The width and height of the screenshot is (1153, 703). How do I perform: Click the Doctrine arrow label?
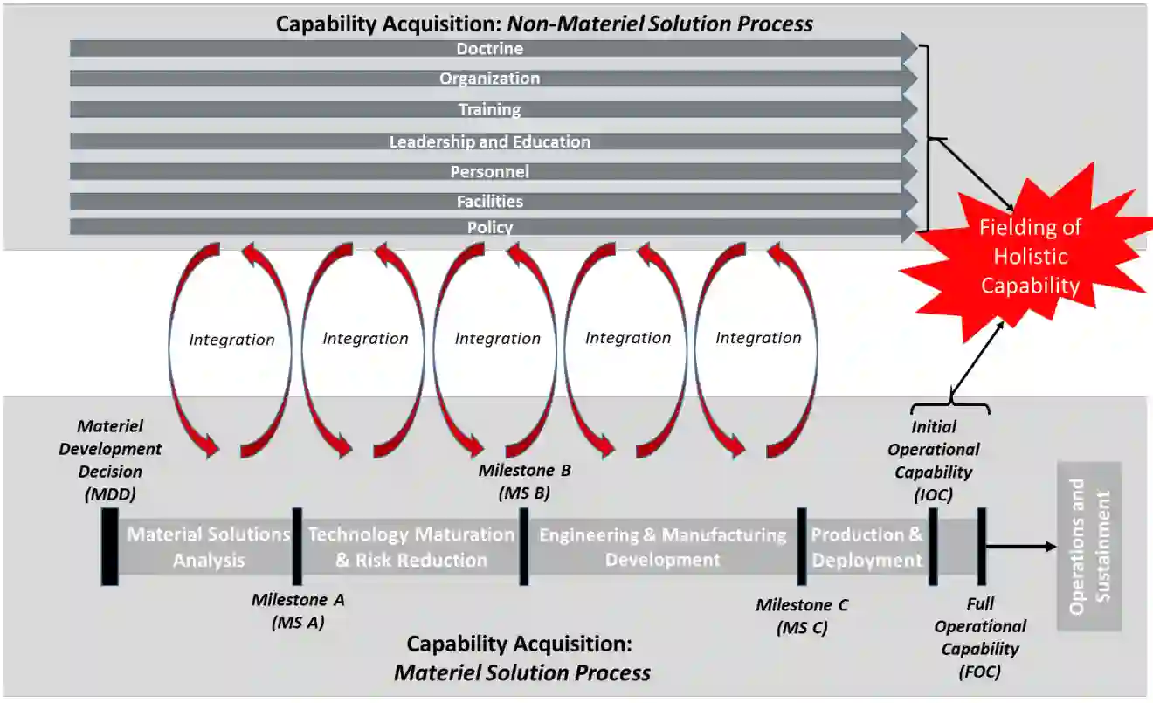coord(489,49)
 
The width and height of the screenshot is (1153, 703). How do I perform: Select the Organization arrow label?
coord(489,79)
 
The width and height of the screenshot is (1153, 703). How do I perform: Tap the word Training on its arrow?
coord(489,110)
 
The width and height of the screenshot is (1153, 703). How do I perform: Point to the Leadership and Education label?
coord(489,141)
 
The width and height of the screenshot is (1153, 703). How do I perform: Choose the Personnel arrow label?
coord(489,172)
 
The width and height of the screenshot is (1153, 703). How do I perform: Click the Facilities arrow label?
coord(489,202)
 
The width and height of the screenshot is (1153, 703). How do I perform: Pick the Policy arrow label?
coord(489,228)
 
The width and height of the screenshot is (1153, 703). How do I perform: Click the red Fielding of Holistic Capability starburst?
coord(1030,256)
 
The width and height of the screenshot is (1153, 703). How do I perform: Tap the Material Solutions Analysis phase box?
coord(208,547)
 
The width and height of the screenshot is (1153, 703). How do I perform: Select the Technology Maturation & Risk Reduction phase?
coord(411,547)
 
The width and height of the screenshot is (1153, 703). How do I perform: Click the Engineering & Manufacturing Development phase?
coord(662,547)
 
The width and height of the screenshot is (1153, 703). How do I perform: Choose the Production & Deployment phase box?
coord(866,547)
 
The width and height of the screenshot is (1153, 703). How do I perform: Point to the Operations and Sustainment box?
coord(1089,546)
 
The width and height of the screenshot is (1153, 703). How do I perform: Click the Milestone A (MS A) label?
coord(298,611)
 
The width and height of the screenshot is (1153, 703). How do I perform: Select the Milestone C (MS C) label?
coord(802,616)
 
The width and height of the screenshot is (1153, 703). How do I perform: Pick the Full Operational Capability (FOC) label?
coord(980,638)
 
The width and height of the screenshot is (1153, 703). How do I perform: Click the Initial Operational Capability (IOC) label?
coord(934,460)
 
